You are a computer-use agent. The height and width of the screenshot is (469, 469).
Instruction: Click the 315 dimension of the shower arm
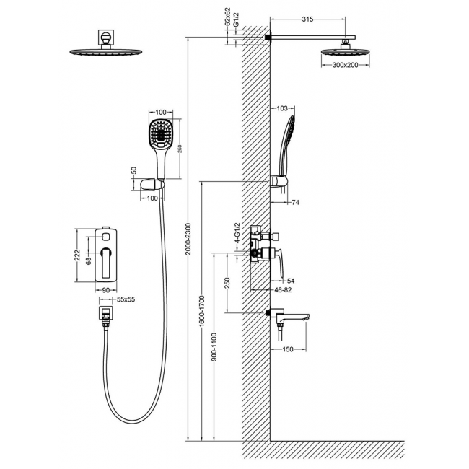coord(307,19)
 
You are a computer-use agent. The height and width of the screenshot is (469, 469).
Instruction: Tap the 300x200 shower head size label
coord(345,65)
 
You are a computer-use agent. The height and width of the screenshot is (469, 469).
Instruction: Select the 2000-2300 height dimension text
coord(188,238)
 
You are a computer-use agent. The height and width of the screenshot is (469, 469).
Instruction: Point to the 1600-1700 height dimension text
coord(202,311)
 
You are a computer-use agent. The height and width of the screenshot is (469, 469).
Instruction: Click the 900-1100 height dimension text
coord(215,346)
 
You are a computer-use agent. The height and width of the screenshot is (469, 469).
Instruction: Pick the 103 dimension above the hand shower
coord(282,108)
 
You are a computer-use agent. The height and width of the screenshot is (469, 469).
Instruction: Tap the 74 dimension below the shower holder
coord(295,203)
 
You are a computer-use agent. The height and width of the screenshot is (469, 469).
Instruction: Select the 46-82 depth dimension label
coord(283,290)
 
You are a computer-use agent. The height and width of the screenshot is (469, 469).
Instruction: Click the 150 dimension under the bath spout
coord(288,349)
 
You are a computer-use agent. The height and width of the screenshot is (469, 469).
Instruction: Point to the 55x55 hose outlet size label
coord(126,299)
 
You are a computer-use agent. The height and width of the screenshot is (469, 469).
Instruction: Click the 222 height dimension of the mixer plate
coord(77,255)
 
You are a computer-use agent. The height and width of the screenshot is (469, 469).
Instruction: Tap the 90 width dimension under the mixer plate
coord(106,290)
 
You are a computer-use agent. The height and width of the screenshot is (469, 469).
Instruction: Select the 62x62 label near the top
coord(228,17)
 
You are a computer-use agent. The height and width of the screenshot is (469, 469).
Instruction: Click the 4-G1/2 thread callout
coord(237,233)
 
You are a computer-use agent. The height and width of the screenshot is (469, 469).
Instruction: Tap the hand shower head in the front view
coord(161,133)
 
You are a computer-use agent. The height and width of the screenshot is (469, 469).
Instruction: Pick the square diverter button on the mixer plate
coord(105,237)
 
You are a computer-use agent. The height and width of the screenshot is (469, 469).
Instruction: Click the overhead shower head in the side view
coord(345,52)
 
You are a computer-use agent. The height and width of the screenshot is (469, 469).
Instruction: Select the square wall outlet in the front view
coord(105,314)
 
